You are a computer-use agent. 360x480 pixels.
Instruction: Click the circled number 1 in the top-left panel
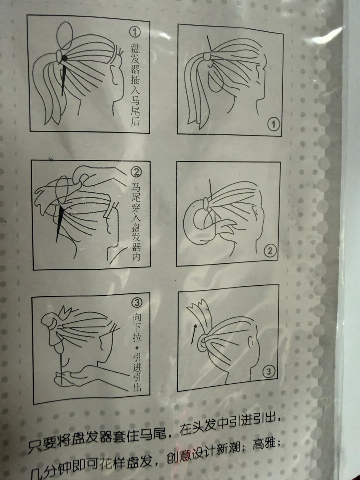point(135,32)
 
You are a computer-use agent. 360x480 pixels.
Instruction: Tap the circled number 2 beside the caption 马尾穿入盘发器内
point(136,172)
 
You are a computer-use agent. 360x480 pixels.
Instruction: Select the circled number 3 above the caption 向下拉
point(137,303)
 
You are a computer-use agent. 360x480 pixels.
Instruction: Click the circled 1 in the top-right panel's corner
point(273,124)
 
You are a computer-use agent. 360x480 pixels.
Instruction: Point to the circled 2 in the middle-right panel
point(270,250)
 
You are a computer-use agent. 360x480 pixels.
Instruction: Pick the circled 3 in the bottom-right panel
point(269,371)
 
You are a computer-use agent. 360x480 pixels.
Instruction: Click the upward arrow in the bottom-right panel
point(194,334)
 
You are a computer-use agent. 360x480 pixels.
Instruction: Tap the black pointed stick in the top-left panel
point(64,75)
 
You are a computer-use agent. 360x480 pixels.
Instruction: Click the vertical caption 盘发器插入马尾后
point(135,85)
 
